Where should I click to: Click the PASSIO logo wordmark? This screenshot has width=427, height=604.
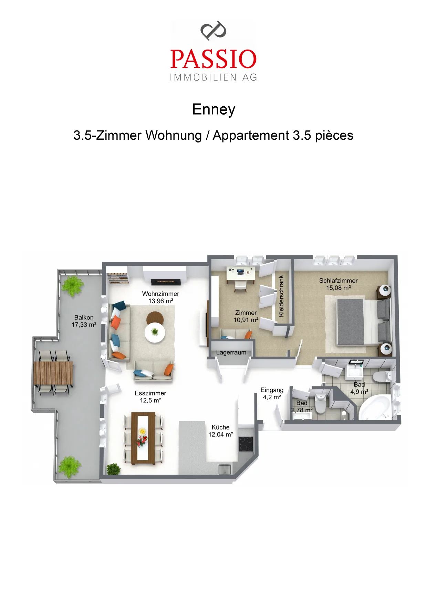pyautogui.click(x=213, y=59)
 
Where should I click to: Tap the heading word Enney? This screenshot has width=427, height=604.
pyautogui.click(x=213, y=109)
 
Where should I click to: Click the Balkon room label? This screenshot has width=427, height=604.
pyautogui.click(x=84, y=317)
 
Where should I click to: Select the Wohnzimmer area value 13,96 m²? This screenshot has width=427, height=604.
pyautogui.click(x=161, y=301)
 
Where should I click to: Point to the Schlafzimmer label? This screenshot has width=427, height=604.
pyautogui.click(x=338, y=281)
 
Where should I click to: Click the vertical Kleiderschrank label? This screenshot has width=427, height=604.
pyautogui.click(x=281, y=296)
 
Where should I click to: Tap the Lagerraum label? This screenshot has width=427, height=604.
pyautogui.click(x=231, y=352)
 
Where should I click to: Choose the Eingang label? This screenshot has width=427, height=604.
pyautogui.click(x=272, y=390)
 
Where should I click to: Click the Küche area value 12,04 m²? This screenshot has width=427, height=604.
pyautogui.click(x=221, y=435)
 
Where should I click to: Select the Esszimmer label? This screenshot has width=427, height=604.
pyautogui.click(x=150, y=393)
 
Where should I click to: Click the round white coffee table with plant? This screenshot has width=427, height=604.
pyautogui.click(x=155, y=332)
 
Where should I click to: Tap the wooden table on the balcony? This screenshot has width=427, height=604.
pyautogui.click(x=53, y=373)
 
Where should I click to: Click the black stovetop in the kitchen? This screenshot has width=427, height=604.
pyautogui.click(x=246, y=444)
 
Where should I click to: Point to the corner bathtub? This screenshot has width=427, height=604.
pyautogui.click(x=375, y=408)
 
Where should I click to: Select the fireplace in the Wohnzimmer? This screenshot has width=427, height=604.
pyautogui.click(x=166, y=282)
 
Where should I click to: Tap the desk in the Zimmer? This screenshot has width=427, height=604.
pyautogui.click(x=241, y=274)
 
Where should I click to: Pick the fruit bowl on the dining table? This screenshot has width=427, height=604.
pyautogui.click(x=142, y=431)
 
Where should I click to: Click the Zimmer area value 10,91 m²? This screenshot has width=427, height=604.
pyautogui.click(x=246, y=320)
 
